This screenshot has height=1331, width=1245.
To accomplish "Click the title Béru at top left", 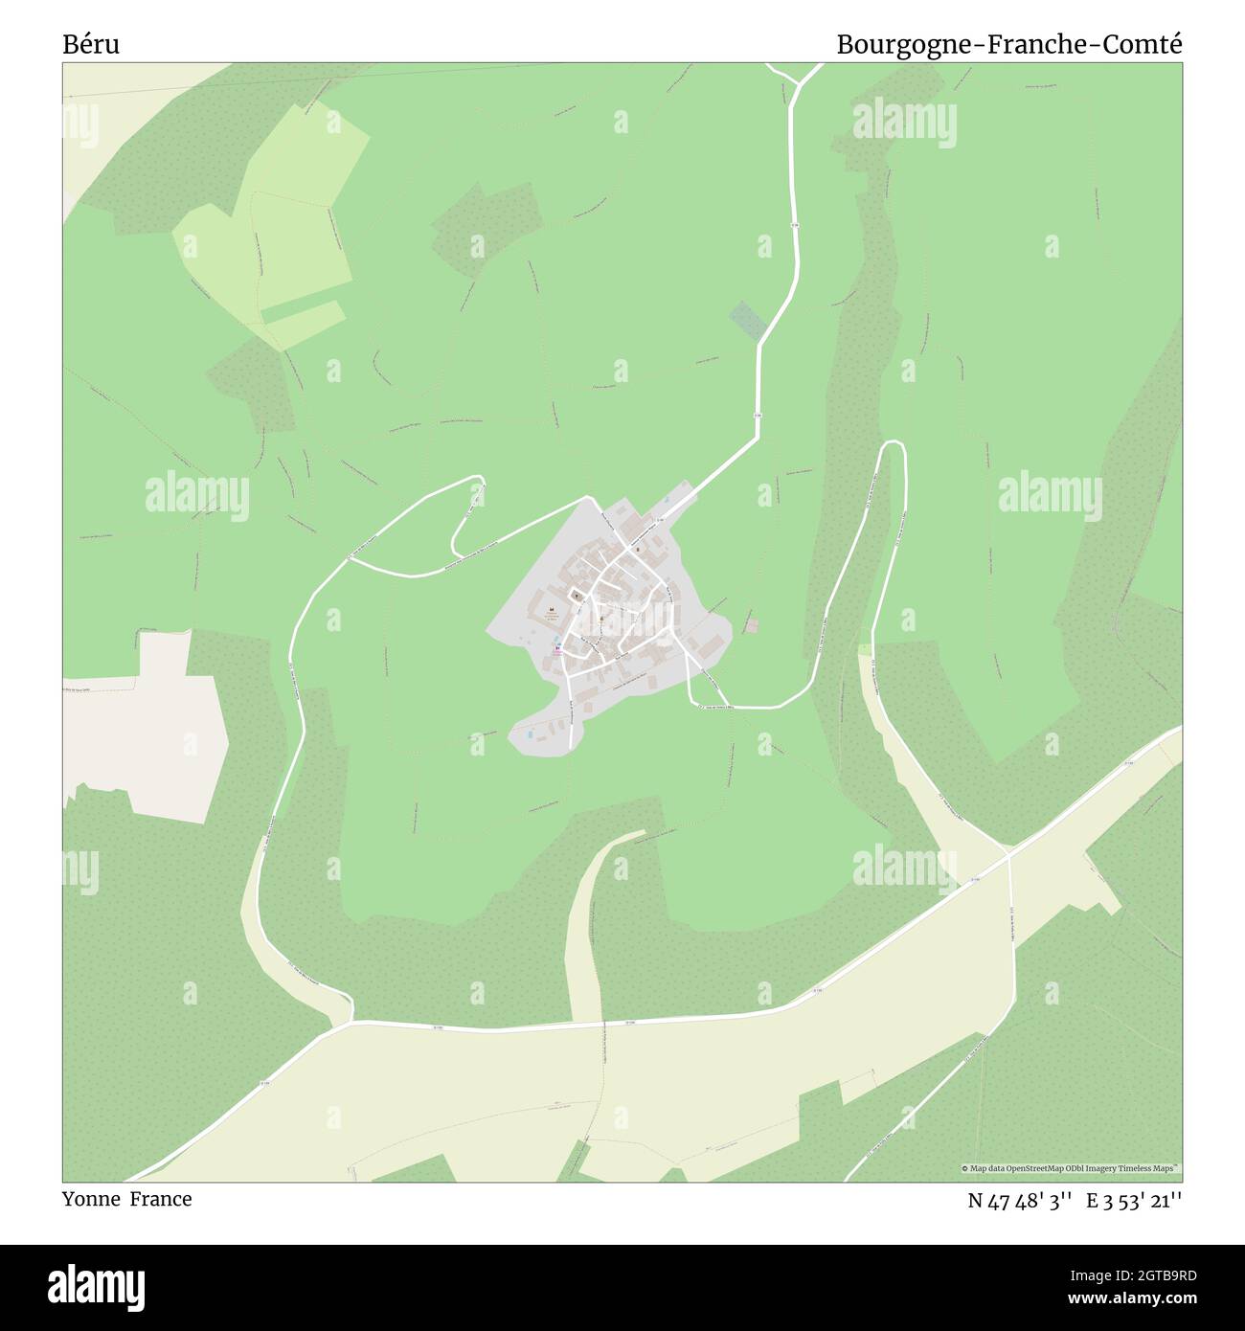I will tap(91, 44).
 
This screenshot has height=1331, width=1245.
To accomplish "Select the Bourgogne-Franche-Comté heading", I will tap(1009, 44).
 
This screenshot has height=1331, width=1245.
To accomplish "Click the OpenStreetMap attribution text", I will tap(1072, 1168).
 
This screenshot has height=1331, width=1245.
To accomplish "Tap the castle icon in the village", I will tap(551, 610).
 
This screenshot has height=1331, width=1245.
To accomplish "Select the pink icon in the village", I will tap(557, 648).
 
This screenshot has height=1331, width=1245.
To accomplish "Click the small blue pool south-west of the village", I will tap(530, 734).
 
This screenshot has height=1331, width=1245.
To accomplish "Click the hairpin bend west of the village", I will tap(476, 490).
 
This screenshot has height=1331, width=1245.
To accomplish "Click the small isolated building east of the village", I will tap(752, 625).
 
